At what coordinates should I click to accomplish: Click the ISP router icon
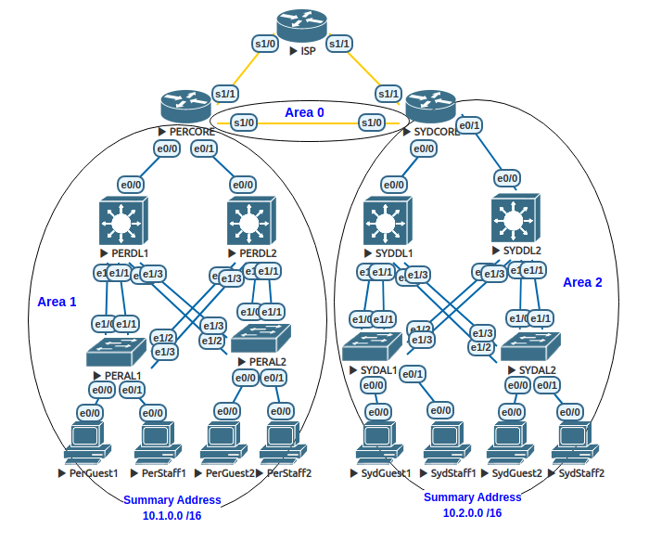click(x=301, y=25)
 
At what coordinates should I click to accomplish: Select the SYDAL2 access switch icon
click(x=530, y=345)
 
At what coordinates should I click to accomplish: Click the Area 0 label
click(x=304, y=112)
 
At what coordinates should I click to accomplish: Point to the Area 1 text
click(x=57, y=302)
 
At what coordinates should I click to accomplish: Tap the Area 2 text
click(x=582, y=282)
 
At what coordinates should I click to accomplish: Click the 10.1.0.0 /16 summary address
click(x=172, y=515)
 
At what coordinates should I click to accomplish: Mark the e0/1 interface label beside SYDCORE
click(x=470, y=125)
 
